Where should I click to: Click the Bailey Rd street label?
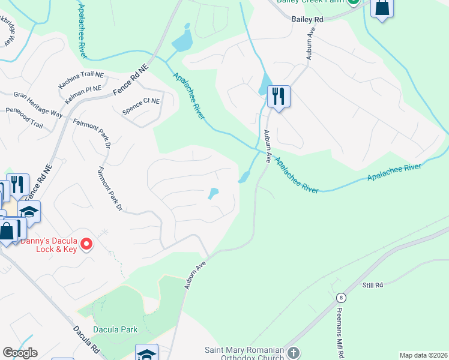click(x=308, y=20)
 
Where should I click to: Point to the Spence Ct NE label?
click(x=141, y=106)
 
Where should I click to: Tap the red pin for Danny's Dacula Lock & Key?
click(x=86, y=244)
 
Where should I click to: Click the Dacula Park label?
click(x=115, y=329)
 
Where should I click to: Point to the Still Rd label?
click(x=372, y=286)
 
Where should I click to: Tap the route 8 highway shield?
click(x=341, y=297)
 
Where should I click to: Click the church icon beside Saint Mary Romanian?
click(x=293, y=352)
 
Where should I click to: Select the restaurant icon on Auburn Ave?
click(x=279, y=96)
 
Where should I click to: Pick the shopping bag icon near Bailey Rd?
click(x=382, y=8)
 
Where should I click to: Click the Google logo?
click(x=20, y=353)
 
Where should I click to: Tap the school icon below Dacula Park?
click(x=146, y=353)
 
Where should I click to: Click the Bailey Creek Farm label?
click(x=309, y=2)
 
